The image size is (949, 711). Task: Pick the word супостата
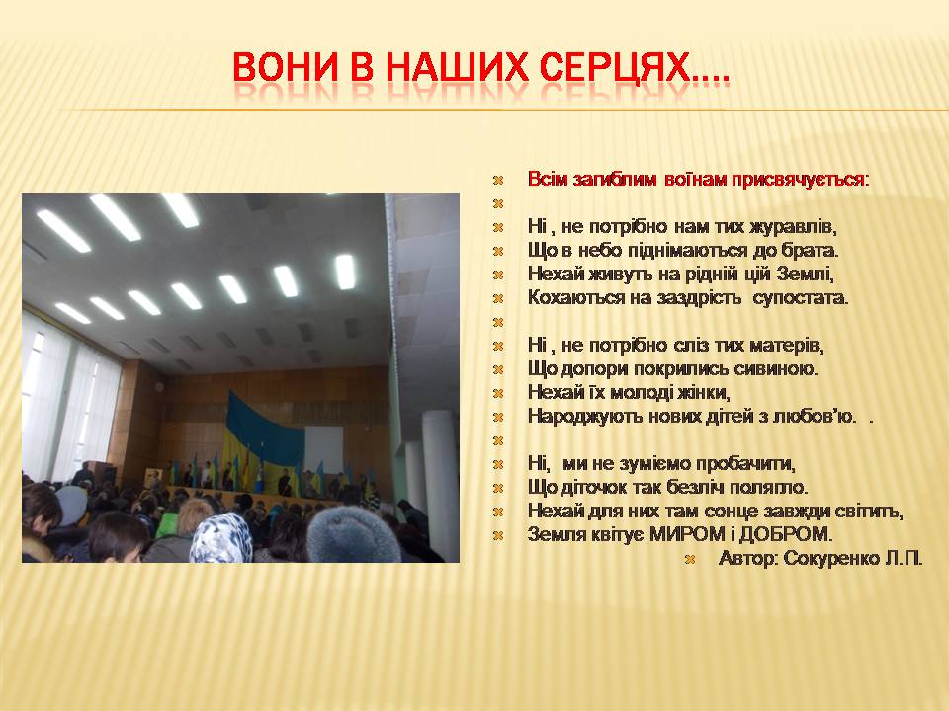pos(801,298)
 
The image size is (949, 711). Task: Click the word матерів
pos(786,346)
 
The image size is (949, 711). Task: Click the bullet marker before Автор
pos(689,559)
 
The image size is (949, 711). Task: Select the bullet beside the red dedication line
pos(498,180)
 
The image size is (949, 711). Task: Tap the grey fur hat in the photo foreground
pos(354,535)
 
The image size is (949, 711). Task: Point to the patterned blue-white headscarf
pos(220,538)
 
